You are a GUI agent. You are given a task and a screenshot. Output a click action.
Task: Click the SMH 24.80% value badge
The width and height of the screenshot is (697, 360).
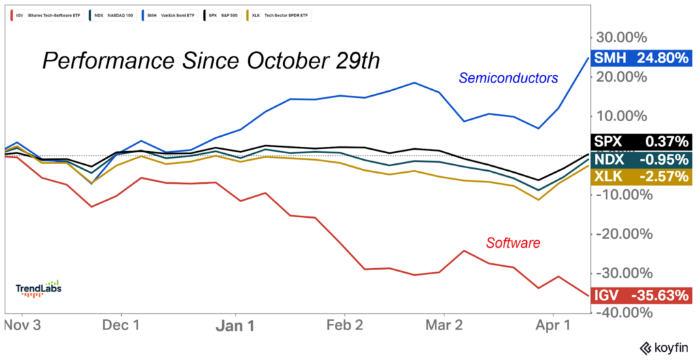[641, 59]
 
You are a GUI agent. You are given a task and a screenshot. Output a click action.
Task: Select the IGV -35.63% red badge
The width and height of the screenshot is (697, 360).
[641, 296]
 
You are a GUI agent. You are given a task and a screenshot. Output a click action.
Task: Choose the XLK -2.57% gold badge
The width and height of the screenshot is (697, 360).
[641, 177]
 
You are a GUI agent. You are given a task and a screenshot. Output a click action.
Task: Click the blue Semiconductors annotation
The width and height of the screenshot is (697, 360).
[508, 78]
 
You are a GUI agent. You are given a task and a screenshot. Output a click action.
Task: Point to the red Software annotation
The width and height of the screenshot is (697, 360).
[513, 242]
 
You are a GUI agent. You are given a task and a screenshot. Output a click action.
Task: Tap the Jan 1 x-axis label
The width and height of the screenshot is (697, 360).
[236, 325]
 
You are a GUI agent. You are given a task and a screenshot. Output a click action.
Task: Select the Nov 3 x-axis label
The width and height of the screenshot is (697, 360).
[22, 325]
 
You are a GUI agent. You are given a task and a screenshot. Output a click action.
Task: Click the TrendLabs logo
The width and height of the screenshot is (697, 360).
[39, 288]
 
